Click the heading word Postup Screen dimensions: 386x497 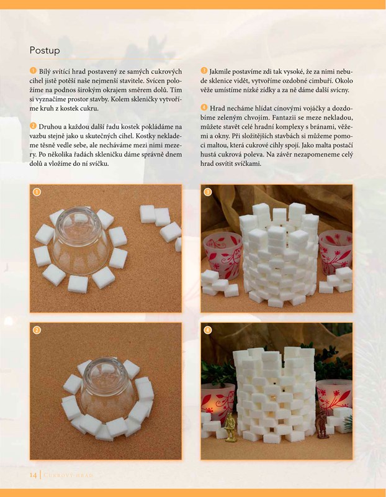[45, 51]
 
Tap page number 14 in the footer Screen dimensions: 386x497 [33, 475]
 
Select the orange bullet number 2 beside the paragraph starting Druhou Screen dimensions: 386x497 [33, 126]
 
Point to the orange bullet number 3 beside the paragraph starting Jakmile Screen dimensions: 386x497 [204, 70]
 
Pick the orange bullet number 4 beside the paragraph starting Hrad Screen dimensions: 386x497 [204, 107]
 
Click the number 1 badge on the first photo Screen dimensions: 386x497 [37, 192]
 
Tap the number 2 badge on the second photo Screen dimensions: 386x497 [37, 330]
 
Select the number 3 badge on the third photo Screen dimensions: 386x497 [208, 192]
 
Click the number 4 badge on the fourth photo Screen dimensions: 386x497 [208, 330]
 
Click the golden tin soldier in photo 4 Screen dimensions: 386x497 [230, 427]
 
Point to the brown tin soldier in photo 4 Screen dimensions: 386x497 [321, 424]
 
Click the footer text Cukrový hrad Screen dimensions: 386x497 [68, 475]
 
